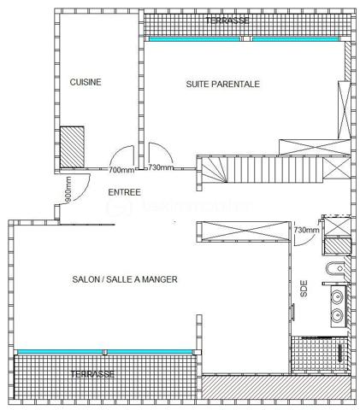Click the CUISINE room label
point(86,82)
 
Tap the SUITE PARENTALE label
point(222,84)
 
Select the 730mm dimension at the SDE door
point(306,230)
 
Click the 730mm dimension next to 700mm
point(161,168)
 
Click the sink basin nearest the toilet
point(338,297)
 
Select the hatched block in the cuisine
point(70,140)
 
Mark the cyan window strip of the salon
point(103,352)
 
